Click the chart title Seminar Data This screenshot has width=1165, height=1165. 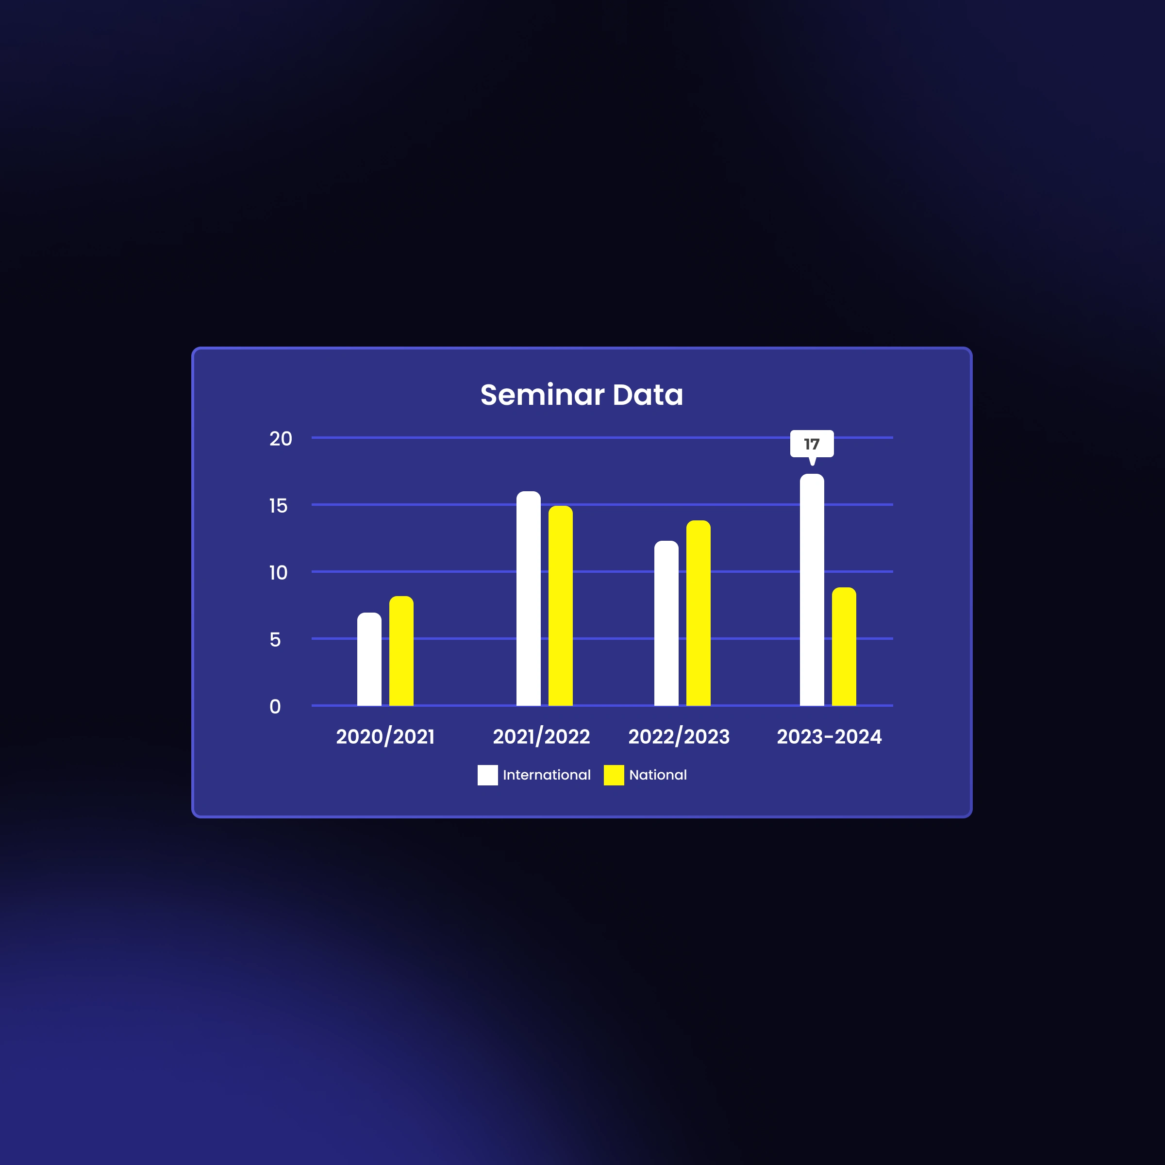pos(582,395)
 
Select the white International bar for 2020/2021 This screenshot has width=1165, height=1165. pos(369,659)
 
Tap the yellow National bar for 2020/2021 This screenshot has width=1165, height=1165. pos(401,650)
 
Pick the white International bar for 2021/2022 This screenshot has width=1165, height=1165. pos(528,598)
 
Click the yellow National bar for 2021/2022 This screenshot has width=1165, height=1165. pos(560,605)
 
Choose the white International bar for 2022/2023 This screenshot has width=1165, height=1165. pos(666,623)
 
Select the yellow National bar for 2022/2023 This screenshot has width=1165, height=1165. pos(699,613)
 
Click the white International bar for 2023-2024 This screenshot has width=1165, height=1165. pos(812,590)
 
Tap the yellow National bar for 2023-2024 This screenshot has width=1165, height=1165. pos(844,647)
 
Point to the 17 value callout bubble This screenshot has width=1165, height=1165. pos(812,445)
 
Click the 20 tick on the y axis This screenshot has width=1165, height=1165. pos(281,438)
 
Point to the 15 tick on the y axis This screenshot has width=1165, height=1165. pos(278,505)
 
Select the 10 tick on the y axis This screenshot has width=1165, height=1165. pos(278,572)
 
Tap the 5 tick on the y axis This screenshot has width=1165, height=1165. pos(275,639)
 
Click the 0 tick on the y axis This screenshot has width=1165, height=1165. pos(275,706)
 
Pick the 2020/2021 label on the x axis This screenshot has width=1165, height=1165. pos(385,736)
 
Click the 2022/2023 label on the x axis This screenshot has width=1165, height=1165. pos(679,736)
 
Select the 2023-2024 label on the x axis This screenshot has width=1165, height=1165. pos(829,736)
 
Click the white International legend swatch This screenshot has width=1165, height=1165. pos(487,775)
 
